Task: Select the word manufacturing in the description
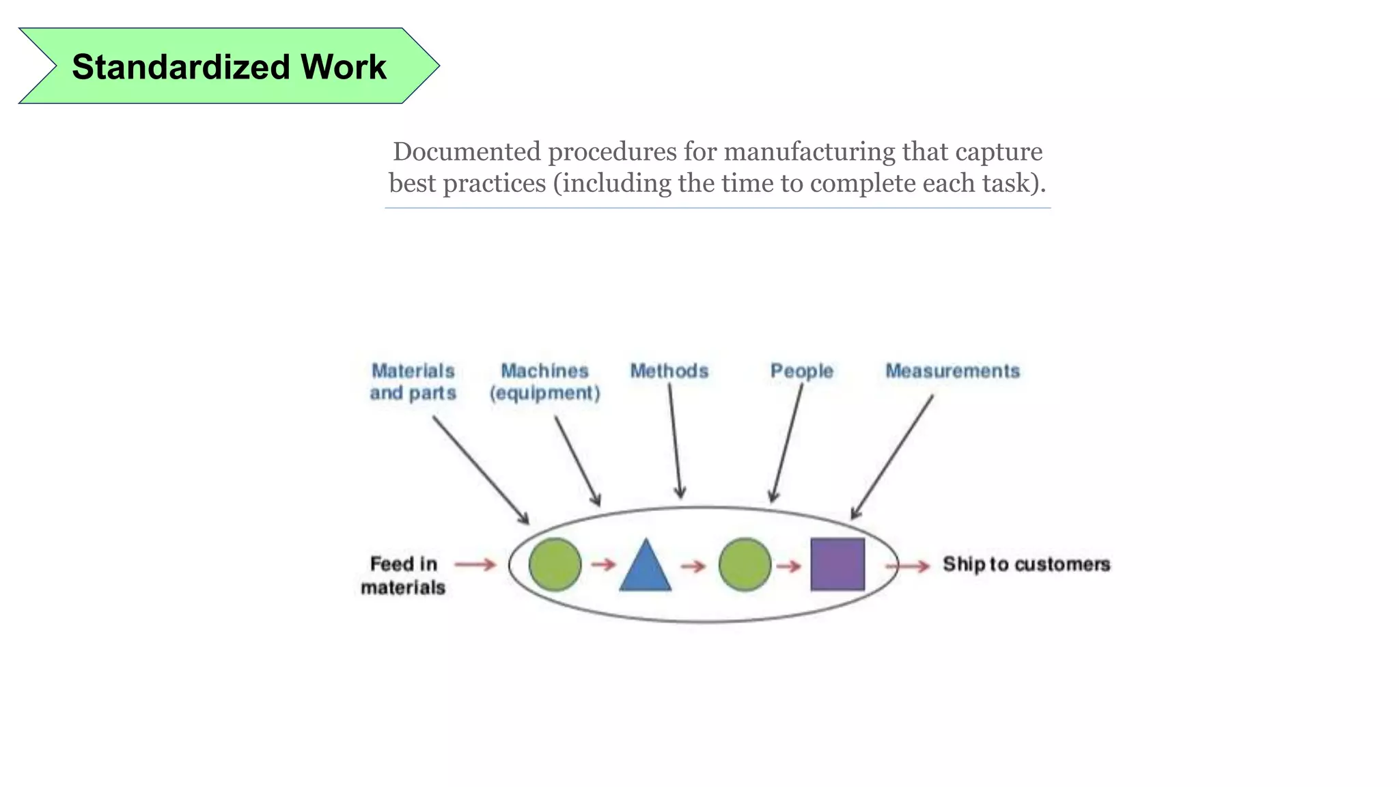point(809,152)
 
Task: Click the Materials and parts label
point(413,382)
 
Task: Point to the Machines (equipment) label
point(544,382)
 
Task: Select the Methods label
point(669,371)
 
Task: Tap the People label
point(801,371)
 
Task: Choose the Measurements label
point(952,371)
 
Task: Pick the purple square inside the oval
point(837,564)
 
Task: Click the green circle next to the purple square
point(745,564)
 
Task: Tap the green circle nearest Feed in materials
point(555,564)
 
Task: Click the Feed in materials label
point(403,575)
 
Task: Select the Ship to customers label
point(1026,564)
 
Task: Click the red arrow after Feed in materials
point(475,564)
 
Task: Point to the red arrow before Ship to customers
point(907,566)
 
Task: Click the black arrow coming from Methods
point(675,441)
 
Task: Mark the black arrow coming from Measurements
point(892,457)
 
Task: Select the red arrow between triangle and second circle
point(693,566)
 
